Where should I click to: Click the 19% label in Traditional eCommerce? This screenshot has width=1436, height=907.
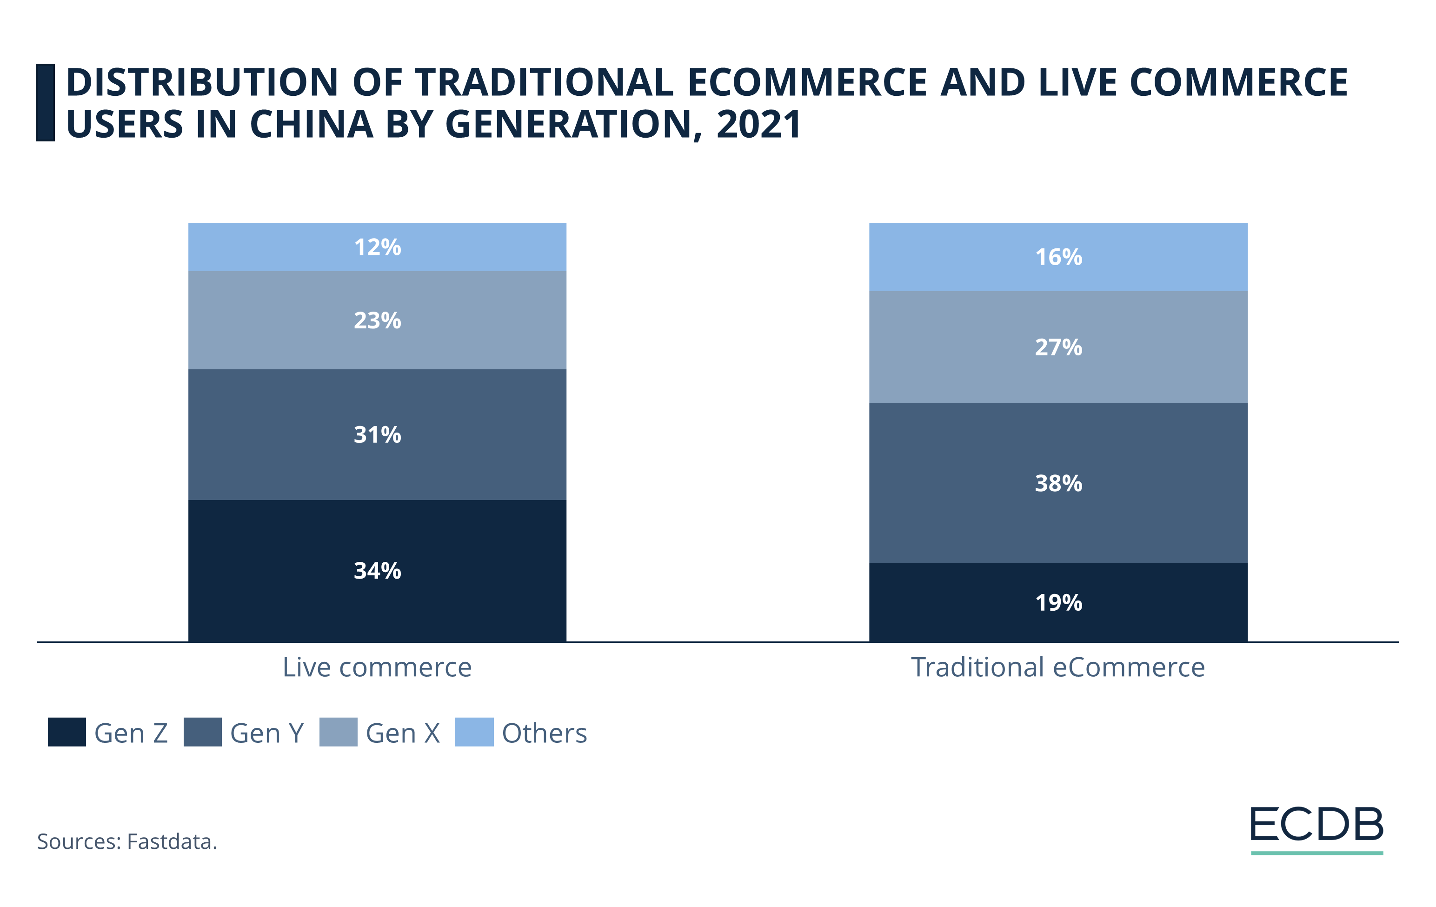(1058, 602)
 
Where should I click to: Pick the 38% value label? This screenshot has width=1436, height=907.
(1058, 483)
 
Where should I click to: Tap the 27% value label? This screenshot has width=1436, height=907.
(1058, 347)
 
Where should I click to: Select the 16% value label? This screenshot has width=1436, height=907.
(1058, 257)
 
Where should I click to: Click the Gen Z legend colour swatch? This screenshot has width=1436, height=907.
(67, 732)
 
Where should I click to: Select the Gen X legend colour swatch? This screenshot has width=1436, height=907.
(338, 732)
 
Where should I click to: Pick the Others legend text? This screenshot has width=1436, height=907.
(544, 733)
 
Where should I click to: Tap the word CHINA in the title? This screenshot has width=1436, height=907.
(311, 124)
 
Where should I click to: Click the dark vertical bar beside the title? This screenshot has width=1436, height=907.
(45, 103)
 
